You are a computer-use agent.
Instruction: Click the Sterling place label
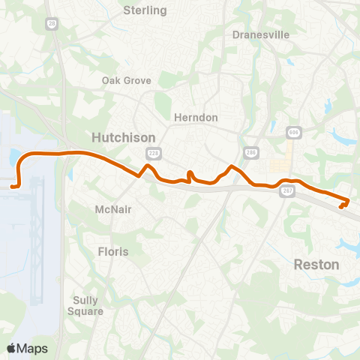(x=145, y=10)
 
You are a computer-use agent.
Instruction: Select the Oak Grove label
(x=127, y=80)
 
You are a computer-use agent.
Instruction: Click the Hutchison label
(x=123, y=138)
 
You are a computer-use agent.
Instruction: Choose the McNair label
(x=114, y=209)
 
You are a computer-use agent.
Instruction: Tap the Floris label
(x=113, y=252)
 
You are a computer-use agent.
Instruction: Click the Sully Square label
(x=85, y=305)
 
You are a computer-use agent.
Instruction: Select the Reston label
(x=316, y=265)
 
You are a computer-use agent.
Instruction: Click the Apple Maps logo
(x=27, y=348)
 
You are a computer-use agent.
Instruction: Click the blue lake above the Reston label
(x=349, y=244)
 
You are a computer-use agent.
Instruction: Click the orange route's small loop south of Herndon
(x=190, y=176)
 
